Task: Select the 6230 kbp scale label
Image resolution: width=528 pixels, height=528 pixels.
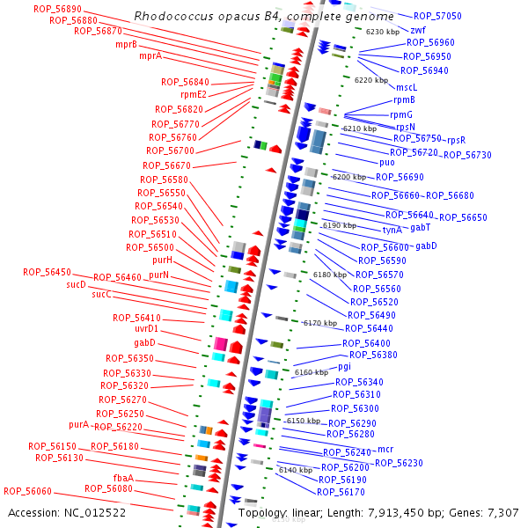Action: pos(383,32)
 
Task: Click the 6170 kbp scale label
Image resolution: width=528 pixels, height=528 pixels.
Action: pos(320,323)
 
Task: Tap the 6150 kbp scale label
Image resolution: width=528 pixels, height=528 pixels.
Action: pos(304,421)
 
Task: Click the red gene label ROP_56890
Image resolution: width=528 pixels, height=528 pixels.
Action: pos(57,8)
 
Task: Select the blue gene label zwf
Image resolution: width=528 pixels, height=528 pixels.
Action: pos(418,30)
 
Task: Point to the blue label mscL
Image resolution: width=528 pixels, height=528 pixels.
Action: pos(407,87)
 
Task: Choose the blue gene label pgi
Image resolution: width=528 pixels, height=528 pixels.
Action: pos(345,366)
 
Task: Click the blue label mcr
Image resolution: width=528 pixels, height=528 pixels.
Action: pos(385,450)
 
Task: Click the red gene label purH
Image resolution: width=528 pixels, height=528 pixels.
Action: pos(162,260)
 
